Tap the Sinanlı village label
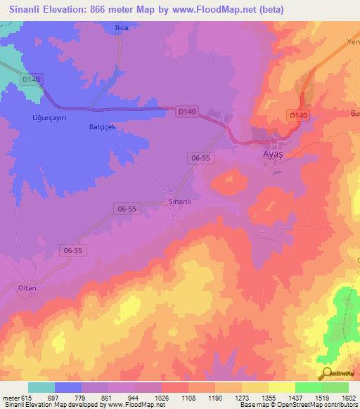click(x=180, y=202)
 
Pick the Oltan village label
click(x=27, y=288)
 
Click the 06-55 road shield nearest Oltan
click(x=73, y=250)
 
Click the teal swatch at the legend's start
click(x=41, y=387)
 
